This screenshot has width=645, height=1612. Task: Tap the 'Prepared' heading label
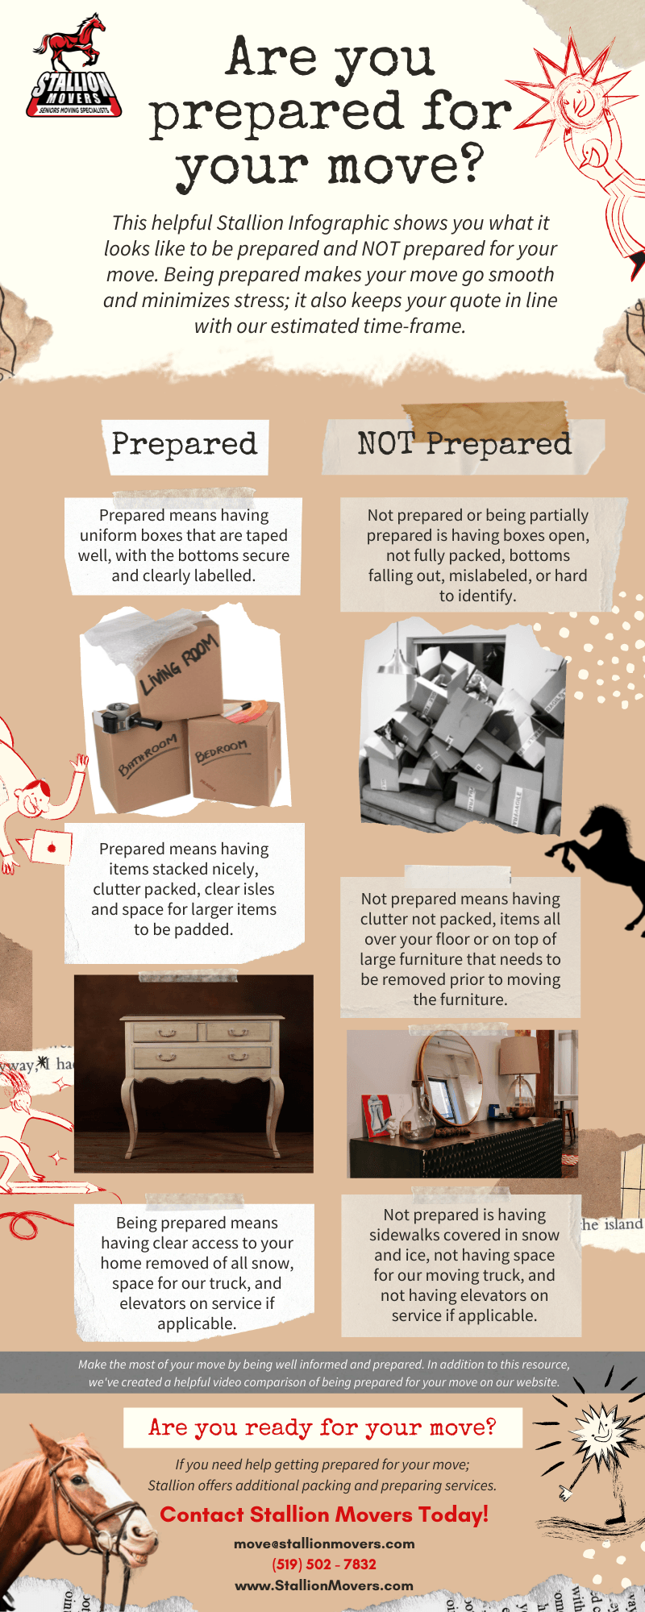tap(185, 444)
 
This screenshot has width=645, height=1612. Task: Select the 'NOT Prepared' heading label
tap(464, 444)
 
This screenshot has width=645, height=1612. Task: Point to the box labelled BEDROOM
tap(234, 754)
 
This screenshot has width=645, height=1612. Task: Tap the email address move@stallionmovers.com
tap(324, 1543)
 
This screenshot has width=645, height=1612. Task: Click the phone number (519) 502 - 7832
tap(324, 1564)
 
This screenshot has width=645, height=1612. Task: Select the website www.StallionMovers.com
tap(324, 1585)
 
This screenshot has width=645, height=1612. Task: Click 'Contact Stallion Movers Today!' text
tap(324, 1514)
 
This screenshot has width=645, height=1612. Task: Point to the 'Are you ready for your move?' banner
tap(322, 1427)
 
